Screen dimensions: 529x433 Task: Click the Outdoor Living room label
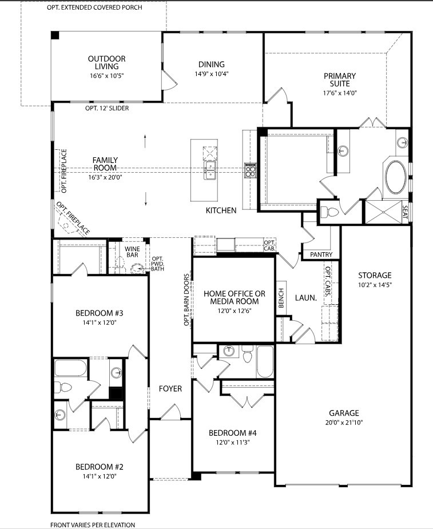(107, 63)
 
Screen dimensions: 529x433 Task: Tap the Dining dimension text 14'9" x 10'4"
(212, 74)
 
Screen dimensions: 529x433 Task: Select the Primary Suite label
(340, 79)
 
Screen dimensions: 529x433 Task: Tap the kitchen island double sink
(210, 170)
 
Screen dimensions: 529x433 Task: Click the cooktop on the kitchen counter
(251, 170)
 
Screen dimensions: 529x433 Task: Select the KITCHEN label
(221, 210)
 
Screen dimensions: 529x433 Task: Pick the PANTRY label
(321, 254)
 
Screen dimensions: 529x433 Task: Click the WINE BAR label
(132, 252)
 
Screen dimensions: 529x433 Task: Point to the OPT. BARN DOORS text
(186, 300)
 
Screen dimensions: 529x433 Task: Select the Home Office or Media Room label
(235, 297)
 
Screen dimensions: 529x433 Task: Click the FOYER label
(170, 389)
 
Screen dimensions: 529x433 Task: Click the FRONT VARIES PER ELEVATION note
(93, 524)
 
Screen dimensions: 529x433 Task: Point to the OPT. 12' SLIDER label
(107, 108)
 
